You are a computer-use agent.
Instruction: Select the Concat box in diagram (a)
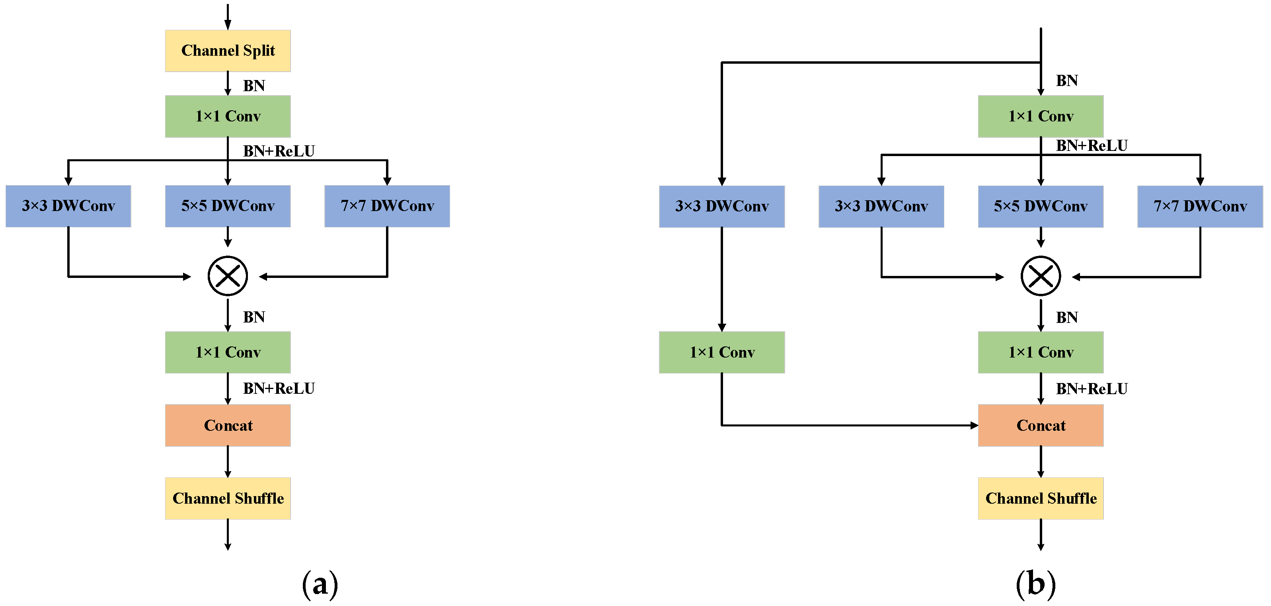click(228, 425)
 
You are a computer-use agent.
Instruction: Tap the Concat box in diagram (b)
click(1041, 425)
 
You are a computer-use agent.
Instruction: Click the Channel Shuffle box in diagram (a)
click(228, 498)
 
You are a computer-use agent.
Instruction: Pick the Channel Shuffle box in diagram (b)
click(1041, 498)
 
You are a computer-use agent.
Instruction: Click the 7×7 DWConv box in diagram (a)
click(387, 206)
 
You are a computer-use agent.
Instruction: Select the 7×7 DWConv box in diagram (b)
click(1200, 206)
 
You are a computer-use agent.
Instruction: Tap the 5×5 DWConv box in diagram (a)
click(228, 206)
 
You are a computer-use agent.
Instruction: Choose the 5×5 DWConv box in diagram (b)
click(1041, 206)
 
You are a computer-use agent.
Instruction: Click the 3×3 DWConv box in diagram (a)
click(68, 206)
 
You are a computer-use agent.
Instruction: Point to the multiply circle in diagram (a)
click(228, 276)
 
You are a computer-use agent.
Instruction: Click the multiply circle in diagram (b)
click(1041, 276)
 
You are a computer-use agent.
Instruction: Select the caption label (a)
click(320, 584)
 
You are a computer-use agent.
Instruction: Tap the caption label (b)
click(1035, 584)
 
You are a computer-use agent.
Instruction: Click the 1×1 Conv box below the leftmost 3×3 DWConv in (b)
click(722, 352)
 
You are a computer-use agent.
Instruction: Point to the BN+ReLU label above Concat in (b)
click(1092, 389)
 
